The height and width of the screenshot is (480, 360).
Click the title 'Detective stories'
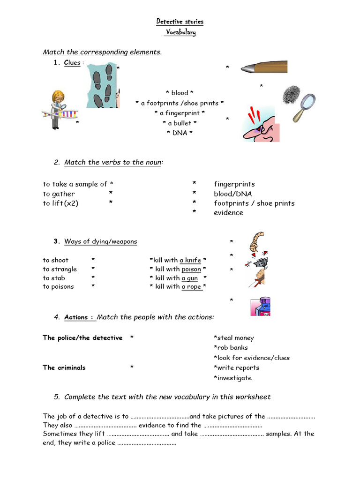[x=180, y=22]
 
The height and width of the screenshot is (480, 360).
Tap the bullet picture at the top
[x=263, y=67]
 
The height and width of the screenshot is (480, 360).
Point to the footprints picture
[x=103, y=85]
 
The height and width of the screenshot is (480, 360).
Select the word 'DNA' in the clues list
[x=180, y=133]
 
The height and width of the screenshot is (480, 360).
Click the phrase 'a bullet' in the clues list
[x=180, y=123]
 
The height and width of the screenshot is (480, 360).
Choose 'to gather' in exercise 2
[x=59, y=194]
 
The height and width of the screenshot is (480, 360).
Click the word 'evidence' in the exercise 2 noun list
[x=228, y=212]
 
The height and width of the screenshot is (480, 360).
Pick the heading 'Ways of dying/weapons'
[x=100, y=241]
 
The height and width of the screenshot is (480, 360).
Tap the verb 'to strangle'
[x=60, y=269]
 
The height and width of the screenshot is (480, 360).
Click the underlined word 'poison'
[x=191, y=269]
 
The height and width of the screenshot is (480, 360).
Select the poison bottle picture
[x=261, y=307]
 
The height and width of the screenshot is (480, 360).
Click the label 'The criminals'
[x=64, y=367]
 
